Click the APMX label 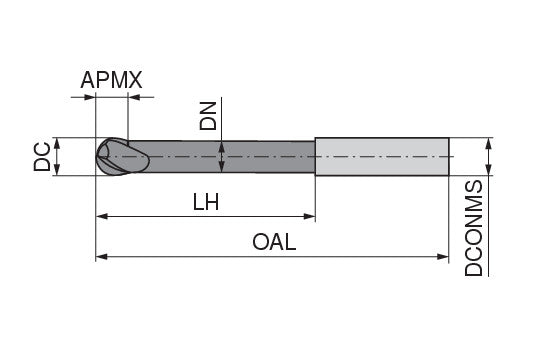pos(112,79)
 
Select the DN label pos(209,118)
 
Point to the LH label pos(205,202)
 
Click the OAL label pos(274,243)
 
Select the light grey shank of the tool pos(381,157)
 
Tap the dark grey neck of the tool pos(230,157)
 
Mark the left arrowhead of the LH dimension pos(101,216)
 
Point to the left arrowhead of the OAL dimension pos(101,257)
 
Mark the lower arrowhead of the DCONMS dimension pos(489,172)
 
